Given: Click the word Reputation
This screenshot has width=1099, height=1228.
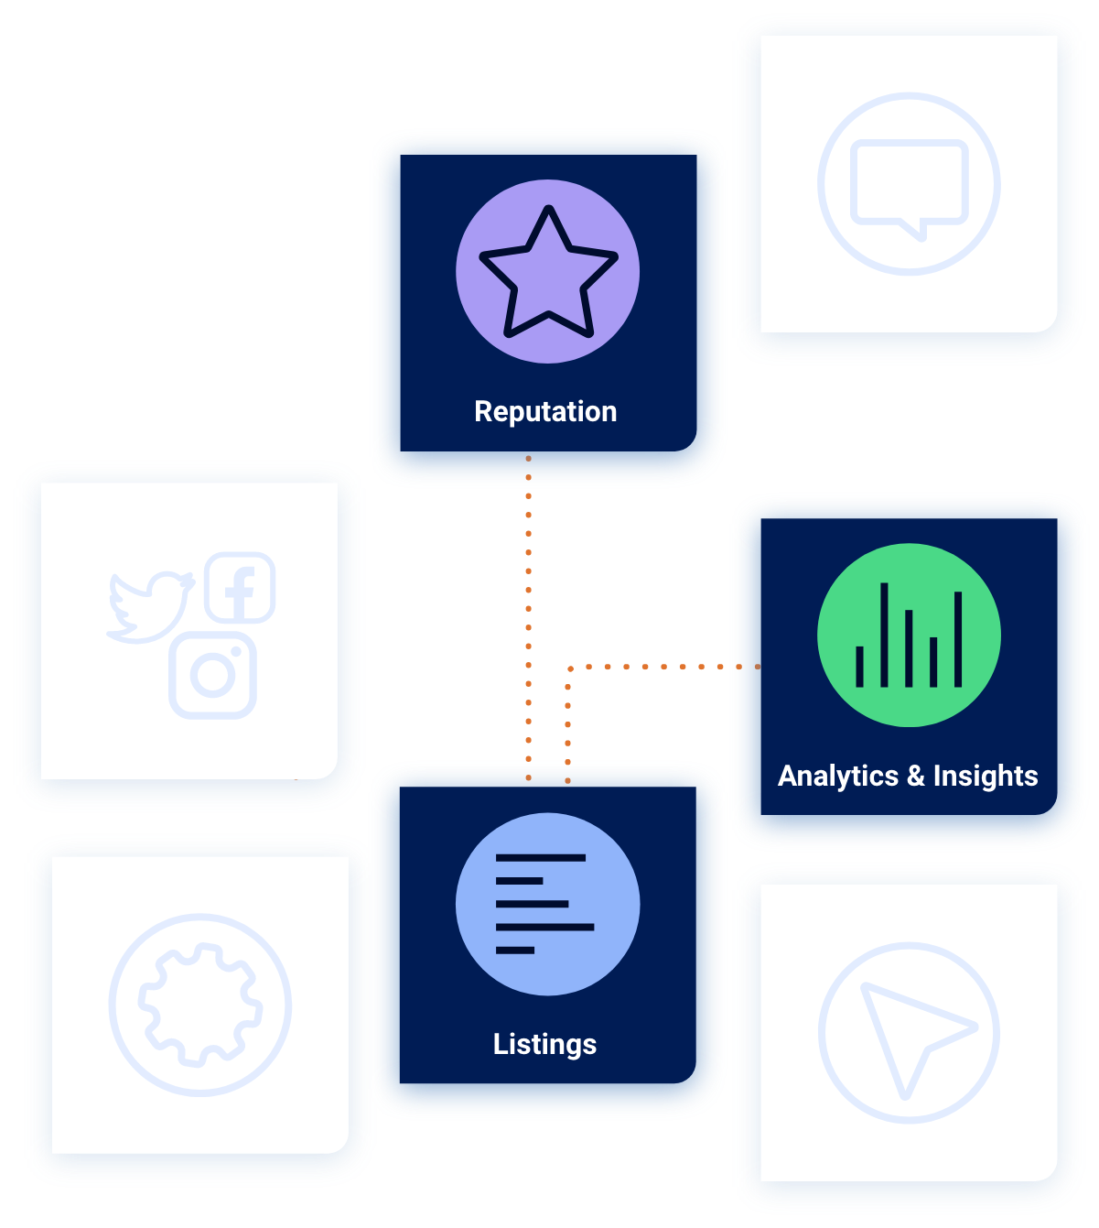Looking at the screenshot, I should click(x=545, y=412).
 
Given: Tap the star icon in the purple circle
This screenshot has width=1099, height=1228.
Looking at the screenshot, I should click(x=548, y=271).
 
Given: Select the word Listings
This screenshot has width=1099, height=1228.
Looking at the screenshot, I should click(x=544, y=1044).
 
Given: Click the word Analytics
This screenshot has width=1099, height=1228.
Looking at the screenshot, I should click(x=838, y=776).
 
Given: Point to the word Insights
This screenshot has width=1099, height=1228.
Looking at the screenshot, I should click(x=986, y=776).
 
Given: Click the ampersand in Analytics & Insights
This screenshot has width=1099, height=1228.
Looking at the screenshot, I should click(x=916, y=777).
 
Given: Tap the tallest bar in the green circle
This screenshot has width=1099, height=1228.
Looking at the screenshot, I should click(x=884, y=635).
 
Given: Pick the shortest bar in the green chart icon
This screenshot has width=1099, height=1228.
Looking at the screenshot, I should click(x=859, y=666).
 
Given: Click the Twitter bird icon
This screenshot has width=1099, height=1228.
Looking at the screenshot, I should click(x=149, y=606).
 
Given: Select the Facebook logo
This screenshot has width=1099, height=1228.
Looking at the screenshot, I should click(x=240, y=588).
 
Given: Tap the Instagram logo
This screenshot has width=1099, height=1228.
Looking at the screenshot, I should click(x=213, y=675).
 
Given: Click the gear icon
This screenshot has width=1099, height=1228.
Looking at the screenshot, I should click(x=200, y=1005).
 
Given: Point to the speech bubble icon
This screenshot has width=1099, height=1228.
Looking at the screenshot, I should click(x=909, y=185).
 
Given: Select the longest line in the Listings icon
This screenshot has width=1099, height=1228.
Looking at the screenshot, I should click(x=544, y=927).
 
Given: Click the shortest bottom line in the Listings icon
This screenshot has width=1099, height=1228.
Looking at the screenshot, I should click(x=515, y=951).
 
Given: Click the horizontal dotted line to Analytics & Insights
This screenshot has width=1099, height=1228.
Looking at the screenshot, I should click(x=663, y=667).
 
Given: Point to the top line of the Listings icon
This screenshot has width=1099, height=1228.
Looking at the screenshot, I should click(x=540, y=858).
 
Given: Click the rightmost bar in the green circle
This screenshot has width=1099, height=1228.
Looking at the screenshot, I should click(x=958, y=638).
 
